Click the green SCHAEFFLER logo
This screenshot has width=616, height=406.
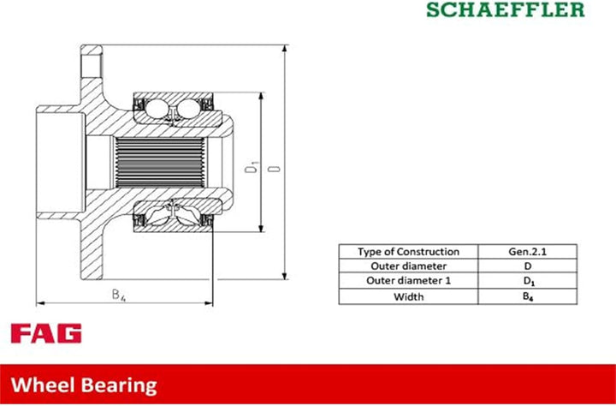click(x=506, y=9)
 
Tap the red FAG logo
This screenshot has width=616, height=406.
click(x=46, y=333)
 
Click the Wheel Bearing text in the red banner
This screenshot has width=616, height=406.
click(x=84, y=385)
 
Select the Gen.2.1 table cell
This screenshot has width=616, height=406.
click(x=527, y=252)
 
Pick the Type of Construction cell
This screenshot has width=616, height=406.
click(x=408, y=252)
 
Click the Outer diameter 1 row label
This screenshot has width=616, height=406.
click(x=408, y=281)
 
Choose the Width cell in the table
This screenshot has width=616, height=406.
click(x=408, y=296)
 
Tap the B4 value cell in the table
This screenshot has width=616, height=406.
click(x=527, y=296)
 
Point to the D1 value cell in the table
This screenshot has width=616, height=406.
click(x=527, y=281)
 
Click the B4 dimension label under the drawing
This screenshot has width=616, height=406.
click(x=119, y=295)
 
